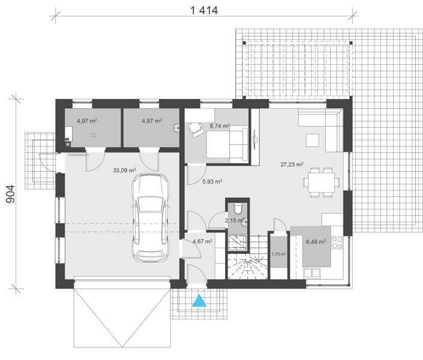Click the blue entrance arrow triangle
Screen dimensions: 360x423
(199, 300)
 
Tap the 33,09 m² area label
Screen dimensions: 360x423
(124, 170)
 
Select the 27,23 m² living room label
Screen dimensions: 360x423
(292, 164)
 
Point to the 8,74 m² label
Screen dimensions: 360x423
(219, 127)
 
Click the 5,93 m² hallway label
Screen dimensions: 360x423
(212, 181)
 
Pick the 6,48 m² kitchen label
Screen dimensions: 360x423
(315, 242)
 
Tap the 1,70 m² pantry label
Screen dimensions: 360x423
(279, 254)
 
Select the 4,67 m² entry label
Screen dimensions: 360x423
(202, 242)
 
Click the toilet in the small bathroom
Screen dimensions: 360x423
(239, 209)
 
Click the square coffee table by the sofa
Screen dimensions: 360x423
(312, 140)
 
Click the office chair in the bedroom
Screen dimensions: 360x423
(196, 128)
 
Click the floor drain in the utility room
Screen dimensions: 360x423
(93, 135)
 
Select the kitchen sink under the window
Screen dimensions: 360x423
(312, 274)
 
